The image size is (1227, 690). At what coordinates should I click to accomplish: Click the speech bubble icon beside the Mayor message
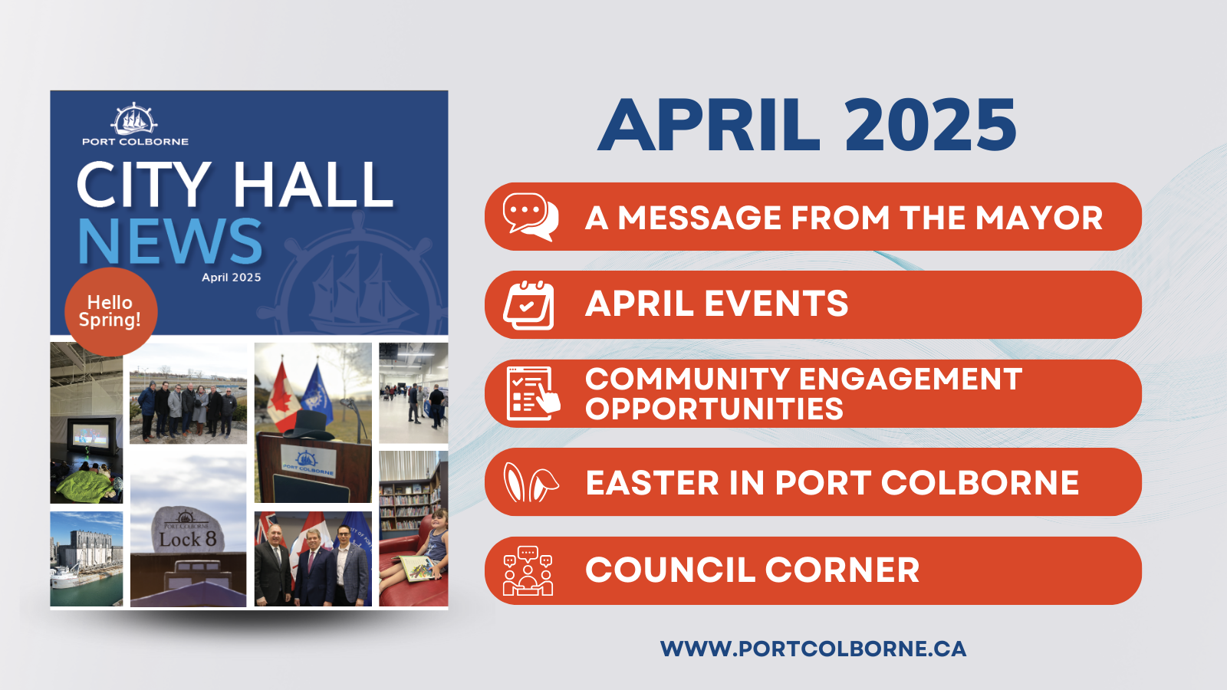pyautogui.click(x=530, y=217)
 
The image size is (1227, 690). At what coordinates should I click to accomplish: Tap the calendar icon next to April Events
pyautogui.click(x=528, y=306)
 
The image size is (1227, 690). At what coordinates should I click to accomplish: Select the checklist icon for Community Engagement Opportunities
pyautogui.click(x=532, y=393)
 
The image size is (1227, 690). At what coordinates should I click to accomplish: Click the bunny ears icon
pyautogui.click(x=530, y=482)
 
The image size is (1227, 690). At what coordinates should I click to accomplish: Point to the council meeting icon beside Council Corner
pyautogui.click(x=528, y=570)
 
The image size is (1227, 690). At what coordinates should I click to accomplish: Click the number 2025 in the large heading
pyautogui.click(x=930, y=126)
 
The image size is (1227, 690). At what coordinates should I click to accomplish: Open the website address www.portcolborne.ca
pyautogui.click(x=813, y=649)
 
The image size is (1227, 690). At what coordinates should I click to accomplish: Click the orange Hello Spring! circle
pyautogui.click(x=111, y=311)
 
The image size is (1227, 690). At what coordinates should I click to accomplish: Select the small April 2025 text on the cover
pyautogui.click(x=231, y=278)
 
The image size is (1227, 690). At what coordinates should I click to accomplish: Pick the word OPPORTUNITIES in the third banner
pyautogui.click(x=714, y=409)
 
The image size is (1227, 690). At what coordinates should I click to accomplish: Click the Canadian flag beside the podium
pyautogui.click(x=282, y=396)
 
